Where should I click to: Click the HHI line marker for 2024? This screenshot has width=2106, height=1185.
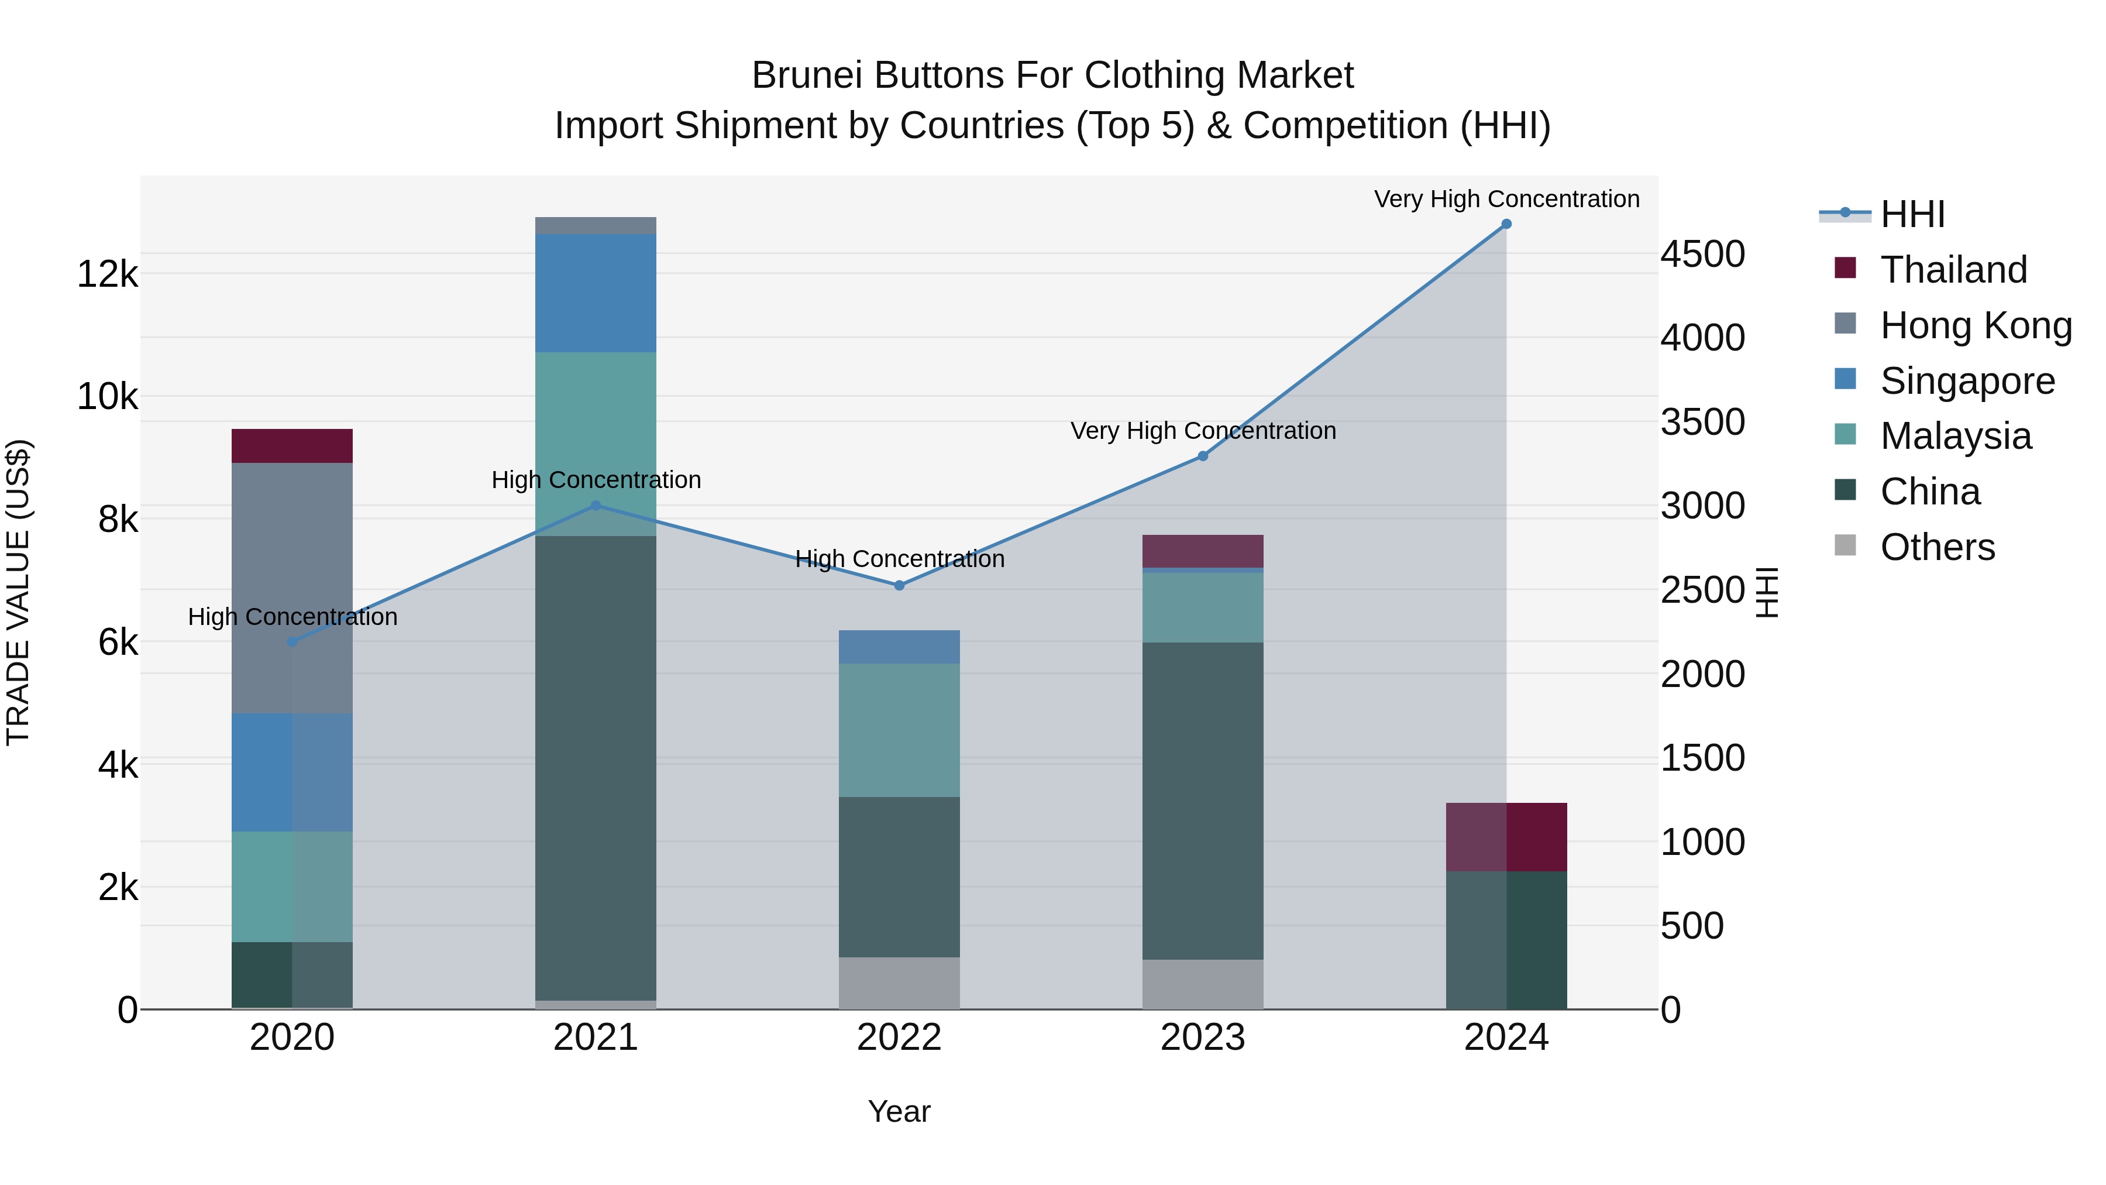(x=1506, y=224)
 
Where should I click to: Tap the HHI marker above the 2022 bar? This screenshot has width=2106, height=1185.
(x=899, y=586)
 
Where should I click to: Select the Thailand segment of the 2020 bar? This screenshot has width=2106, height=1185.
(x=292, y=446)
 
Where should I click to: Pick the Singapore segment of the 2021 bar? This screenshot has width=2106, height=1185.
(x=595, y=293)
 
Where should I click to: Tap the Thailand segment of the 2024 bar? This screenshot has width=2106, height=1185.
(x=1506, y=837)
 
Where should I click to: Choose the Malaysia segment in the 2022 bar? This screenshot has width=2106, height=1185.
(x=899, y=730)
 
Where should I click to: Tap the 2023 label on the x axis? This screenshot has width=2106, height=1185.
(x=1203, y=1038)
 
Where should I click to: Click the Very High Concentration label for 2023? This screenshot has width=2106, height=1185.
(x=1203, y=431)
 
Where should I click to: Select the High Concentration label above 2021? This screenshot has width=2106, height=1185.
(x=596, y=480)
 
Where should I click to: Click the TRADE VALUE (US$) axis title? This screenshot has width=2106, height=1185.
(x=18, y=592)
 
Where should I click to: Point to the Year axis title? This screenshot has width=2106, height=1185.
(x=899, y=1111)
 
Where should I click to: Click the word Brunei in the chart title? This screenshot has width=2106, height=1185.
(x=806, y=75)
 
